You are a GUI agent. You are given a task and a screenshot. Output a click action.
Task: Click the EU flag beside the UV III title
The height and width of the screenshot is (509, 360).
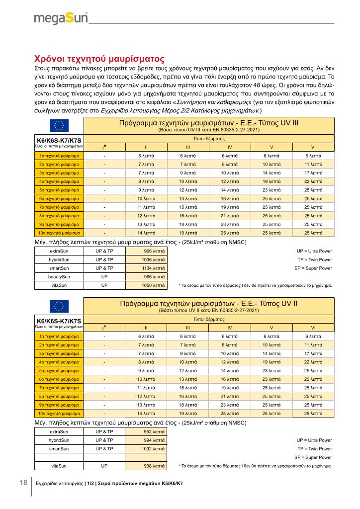59,125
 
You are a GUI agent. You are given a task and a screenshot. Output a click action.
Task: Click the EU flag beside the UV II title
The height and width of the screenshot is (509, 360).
59,306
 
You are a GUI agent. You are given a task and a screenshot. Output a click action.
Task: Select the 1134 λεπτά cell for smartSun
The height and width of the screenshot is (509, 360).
146,268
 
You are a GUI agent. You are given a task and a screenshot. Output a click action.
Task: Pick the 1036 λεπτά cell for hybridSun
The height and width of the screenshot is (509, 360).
146,259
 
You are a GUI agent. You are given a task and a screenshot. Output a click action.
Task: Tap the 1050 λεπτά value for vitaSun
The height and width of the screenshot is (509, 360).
146,285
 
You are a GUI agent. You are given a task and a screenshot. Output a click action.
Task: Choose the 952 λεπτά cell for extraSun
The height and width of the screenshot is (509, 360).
146,431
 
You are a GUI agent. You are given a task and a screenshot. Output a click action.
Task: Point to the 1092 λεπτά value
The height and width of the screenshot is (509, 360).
146,448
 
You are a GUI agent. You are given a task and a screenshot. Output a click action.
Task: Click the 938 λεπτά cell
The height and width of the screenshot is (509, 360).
146,465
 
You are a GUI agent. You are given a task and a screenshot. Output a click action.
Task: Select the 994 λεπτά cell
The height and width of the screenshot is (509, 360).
146,440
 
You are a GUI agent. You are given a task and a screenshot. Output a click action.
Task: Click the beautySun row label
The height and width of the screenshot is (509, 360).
59,276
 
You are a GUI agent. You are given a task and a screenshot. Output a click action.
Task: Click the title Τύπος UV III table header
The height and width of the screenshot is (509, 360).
209,122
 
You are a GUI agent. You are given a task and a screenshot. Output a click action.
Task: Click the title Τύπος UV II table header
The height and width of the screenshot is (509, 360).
209,303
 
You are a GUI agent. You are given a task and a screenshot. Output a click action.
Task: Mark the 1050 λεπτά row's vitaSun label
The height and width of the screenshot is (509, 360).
59,285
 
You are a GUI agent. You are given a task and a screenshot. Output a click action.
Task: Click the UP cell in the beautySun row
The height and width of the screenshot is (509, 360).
104,276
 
